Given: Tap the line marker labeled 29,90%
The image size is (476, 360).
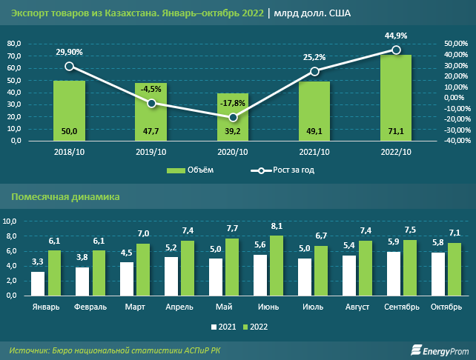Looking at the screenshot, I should click(x=69, y=66).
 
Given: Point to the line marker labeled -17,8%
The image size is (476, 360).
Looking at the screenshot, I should click(x=233, y=118).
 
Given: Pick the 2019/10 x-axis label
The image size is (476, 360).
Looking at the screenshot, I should click(x=151, y=152).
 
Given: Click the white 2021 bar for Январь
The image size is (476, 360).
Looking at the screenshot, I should click(x=38, y=283).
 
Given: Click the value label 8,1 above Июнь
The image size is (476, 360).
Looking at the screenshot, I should click(x=277, y=227).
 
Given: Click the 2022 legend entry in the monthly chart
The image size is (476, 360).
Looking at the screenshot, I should click(x=257, y=326).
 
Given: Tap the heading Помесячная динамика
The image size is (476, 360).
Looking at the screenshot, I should click(x=65, y=196).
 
